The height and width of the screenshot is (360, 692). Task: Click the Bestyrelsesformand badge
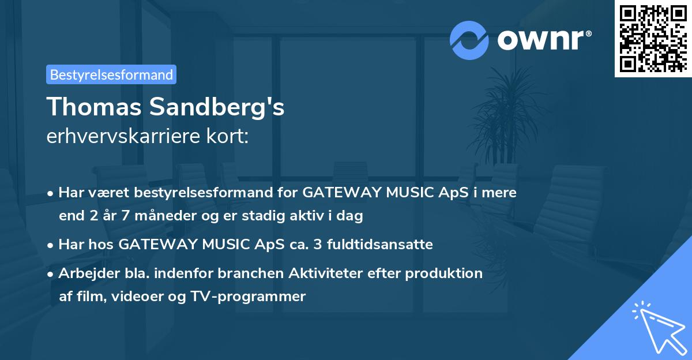point(111,74)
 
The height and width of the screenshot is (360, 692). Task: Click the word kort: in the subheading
point(229,137)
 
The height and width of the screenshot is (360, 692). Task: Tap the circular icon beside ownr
point(469,39)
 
